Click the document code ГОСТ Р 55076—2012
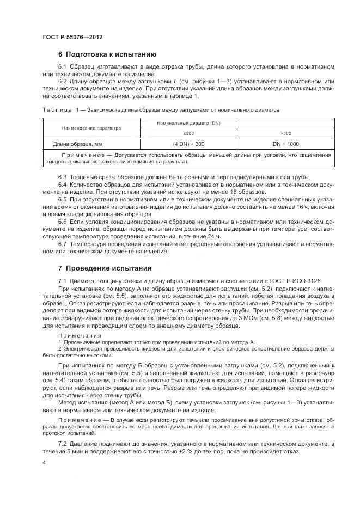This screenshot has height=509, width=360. [72, 37]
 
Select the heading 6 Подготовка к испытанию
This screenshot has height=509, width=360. [107, 54]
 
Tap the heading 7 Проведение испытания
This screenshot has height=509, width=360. [104, 268]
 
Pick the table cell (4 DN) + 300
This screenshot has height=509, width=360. [188, 144]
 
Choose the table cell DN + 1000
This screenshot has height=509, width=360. [285, 144]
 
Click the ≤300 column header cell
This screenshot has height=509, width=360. [188, 133]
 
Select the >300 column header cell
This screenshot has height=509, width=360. [285, 133]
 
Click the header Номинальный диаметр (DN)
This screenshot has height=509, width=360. [188, 123]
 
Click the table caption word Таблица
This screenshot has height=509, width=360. [56, 109]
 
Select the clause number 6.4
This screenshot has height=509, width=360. [63, 185]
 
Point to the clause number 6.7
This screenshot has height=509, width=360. [63, 243]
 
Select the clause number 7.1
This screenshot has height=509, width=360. [63, 280]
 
